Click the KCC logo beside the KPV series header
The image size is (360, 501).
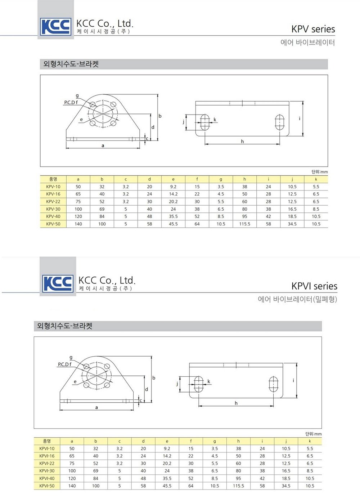coord(56,27)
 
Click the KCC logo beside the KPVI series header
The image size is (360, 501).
coord(58,283)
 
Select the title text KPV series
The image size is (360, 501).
coord(313,29)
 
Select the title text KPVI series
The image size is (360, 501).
coord(314,286)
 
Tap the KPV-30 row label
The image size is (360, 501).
coord(53,209)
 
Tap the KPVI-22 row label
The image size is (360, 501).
coord(47,464)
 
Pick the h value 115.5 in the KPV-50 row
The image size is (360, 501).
coord(245,224)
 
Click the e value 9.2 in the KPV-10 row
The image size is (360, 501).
coord(173,187)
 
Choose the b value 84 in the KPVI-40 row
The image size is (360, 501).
coord(96,478)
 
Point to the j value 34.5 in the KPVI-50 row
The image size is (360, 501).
coord(286,486)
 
